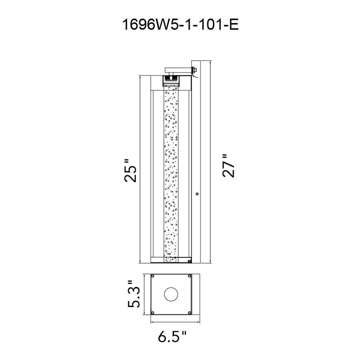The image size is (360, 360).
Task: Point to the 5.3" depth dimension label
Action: tap(134, 294)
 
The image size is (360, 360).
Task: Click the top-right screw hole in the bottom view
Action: tap(190, 276)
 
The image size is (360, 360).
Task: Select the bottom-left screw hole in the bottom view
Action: tap(153, 313)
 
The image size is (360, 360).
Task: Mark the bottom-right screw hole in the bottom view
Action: tap(190, 313)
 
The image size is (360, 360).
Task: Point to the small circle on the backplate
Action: tap(197, 193)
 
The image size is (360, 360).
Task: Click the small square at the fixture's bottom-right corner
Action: tap(190, 262)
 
